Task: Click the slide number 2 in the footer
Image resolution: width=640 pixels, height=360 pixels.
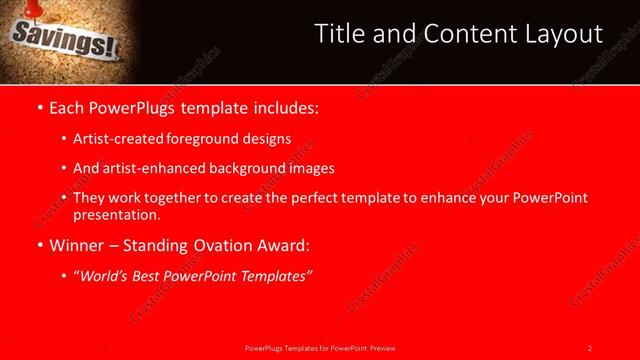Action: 589,347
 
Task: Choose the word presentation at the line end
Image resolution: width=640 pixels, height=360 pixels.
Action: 116,214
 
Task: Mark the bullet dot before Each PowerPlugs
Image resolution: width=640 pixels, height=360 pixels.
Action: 38,107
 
